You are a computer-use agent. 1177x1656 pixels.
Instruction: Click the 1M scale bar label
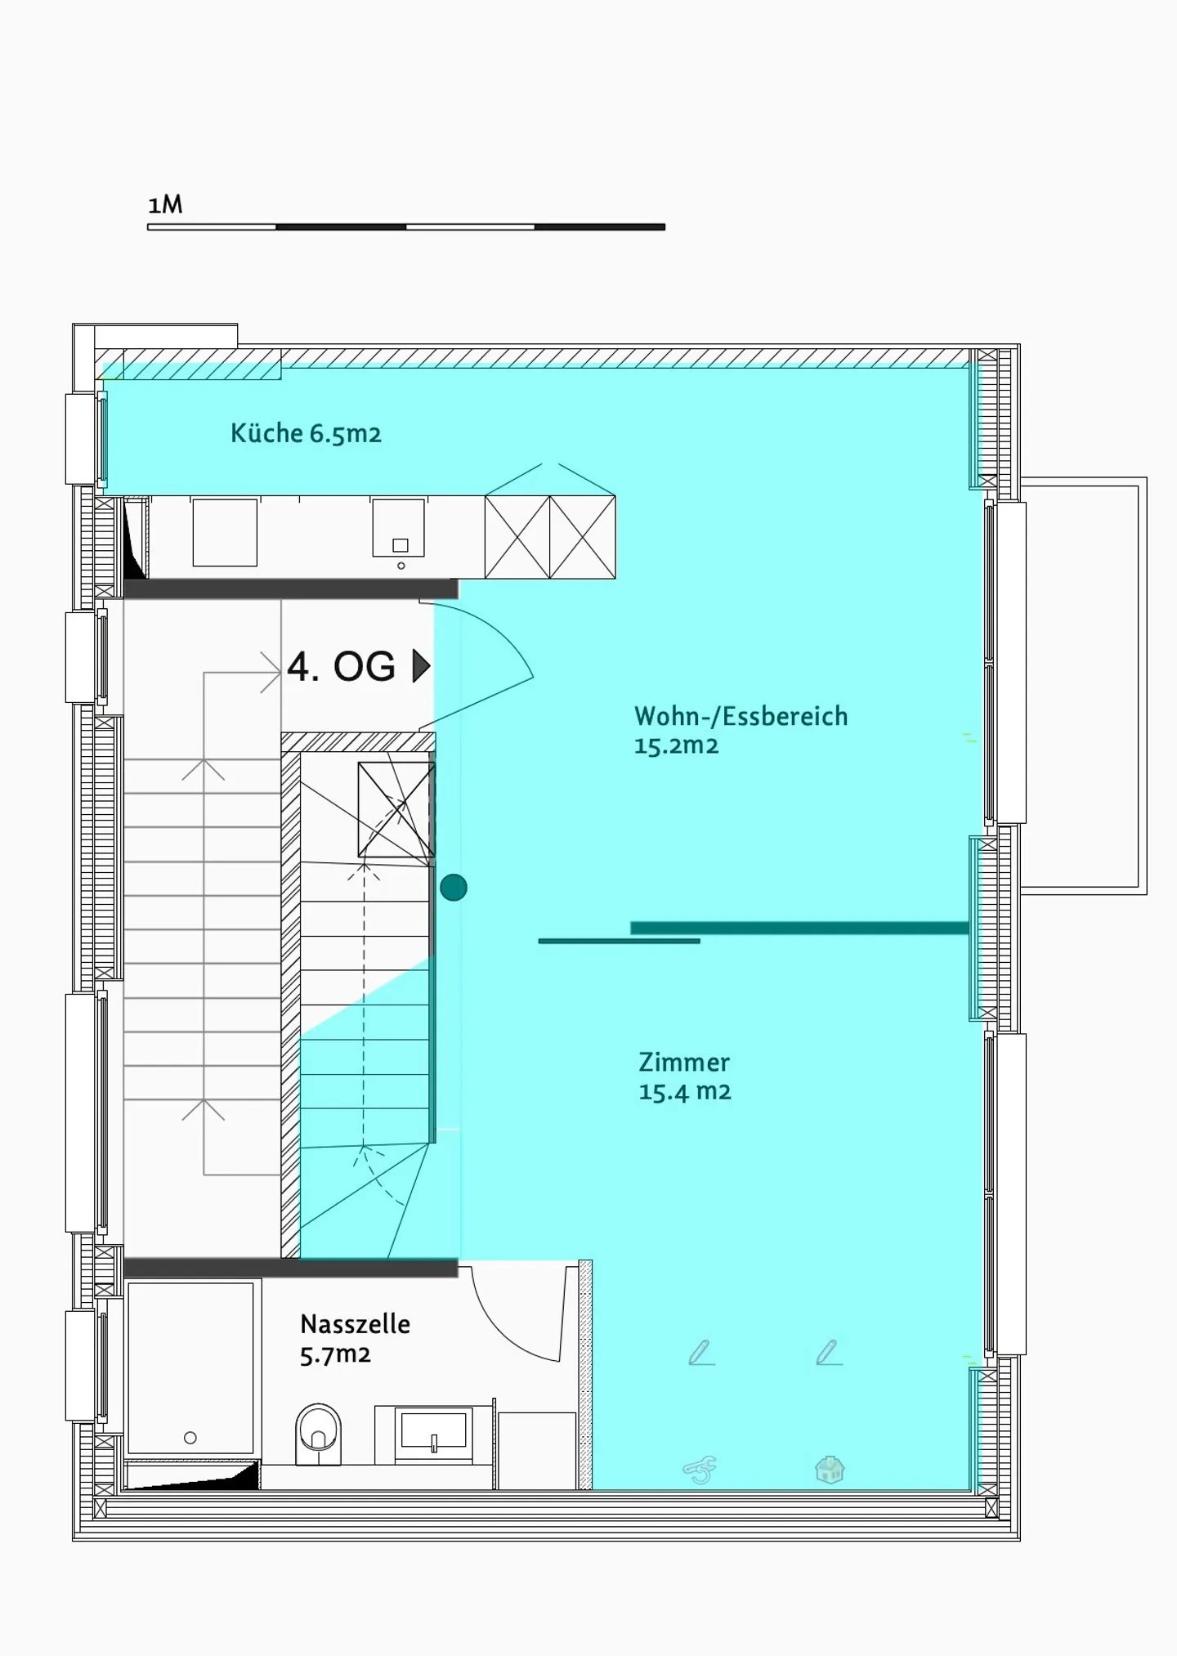pos(165,204)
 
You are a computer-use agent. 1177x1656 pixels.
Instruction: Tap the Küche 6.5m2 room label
pos(306,433)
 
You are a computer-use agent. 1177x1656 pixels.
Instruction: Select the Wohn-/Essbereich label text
pos(741,716)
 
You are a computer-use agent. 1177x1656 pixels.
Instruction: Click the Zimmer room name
pos(683,1062)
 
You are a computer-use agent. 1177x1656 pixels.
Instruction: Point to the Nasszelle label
pos(355,1323)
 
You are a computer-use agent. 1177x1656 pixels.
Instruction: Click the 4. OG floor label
pos(341,666)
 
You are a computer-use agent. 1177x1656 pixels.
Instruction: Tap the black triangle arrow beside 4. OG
pos(420,666)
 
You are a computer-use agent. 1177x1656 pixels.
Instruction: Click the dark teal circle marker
pos(454,887)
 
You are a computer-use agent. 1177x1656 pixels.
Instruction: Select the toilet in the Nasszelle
pos(318,1434)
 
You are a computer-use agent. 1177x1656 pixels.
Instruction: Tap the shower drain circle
pos(190,1438)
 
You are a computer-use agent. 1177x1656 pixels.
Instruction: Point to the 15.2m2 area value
pos(676,745)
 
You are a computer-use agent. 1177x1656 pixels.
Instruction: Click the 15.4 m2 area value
pos(684,1092)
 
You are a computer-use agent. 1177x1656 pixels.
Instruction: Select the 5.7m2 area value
pos(335,1355)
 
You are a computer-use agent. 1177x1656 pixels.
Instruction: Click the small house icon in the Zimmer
pos(830,1470)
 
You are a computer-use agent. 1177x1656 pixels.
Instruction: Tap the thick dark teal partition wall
pos(799,928)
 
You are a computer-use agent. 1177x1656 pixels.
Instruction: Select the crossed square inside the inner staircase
pos(396,809)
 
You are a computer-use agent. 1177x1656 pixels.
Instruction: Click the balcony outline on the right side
pos(1142,687)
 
